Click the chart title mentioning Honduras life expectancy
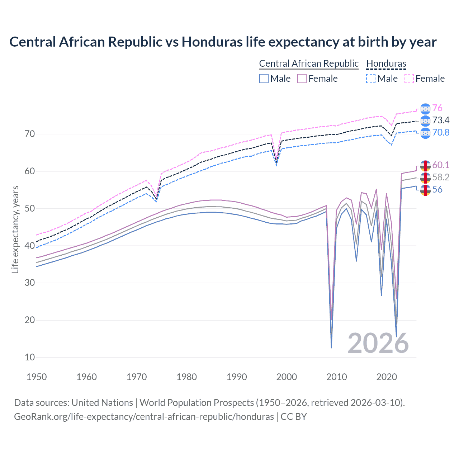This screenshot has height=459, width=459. click(223, 42)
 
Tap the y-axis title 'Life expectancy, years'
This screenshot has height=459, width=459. click(15, 229)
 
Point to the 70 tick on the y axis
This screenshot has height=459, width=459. click(30, 134)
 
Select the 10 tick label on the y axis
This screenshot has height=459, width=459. click(30, 357)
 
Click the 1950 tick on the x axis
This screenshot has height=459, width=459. click(37, 377)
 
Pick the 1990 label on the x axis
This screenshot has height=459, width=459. click(237, 377)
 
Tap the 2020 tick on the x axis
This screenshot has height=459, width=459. click(387, 377)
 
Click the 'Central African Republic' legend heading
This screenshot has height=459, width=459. click(309, 63)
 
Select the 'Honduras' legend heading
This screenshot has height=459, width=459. click(386, 63)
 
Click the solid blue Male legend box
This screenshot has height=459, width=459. click(264, 79)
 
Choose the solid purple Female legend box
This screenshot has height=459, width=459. click(302, 79)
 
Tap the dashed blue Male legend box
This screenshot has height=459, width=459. click(371, 79)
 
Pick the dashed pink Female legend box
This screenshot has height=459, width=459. click(409, 79)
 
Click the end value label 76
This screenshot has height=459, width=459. click(437, 108)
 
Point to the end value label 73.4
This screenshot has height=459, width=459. click(440, 120)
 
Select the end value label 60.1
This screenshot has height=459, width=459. click(440, 165)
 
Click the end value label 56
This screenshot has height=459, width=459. click(437, 189)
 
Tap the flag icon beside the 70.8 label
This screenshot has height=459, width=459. click(425, 133)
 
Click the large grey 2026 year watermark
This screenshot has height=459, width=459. click(378, 343)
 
